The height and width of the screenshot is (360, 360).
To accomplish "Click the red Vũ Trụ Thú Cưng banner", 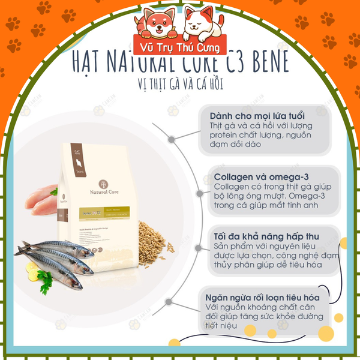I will pyautogui.click(x=180, y=48).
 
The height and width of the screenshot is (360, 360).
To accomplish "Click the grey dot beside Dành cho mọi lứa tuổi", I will pyautogui.click(x=172, y=139).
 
